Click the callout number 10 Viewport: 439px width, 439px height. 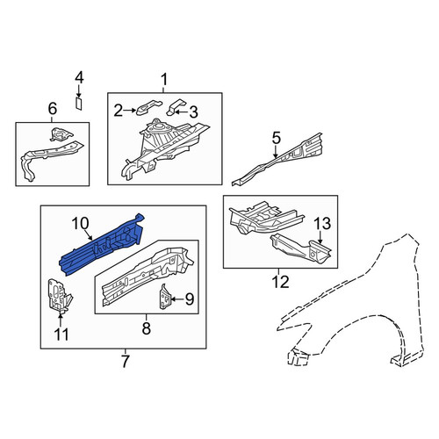[80, 224]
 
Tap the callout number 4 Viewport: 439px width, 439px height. [79, 78]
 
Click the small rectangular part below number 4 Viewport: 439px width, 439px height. [78, 104]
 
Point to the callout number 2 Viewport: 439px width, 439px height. [118, 111]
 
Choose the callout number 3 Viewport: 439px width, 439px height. [193, 112]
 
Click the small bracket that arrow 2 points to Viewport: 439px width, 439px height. [148, 107]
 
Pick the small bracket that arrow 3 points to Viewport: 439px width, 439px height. [176, 107]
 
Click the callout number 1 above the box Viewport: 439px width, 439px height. [164, 80]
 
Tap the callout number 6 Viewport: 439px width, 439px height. [52, 109]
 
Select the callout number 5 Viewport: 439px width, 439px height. [277, 139]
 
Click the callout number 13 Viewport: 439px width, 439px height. [322, 224]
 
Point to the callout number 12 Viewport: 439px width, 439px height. [280, 282]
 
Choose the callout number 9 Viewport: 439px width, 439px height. [190, 299]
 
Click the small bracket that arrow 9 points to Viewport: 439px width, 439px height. [165, 296]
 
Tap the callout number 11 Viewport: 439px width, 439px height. [61, 335]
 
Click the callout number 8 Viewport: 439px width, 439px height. [147, 328]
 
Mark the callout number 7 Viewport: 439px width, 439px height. [125, 362]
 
